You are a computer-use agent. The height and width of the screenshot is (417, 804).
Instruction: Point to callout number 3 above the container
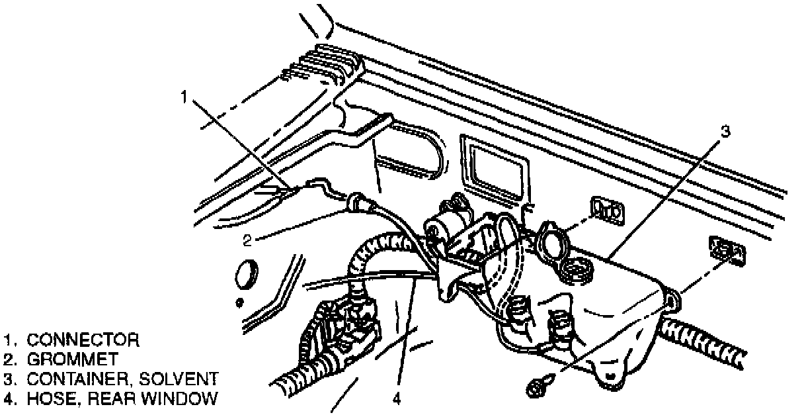pyautogui.click(x=725, y=132)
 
